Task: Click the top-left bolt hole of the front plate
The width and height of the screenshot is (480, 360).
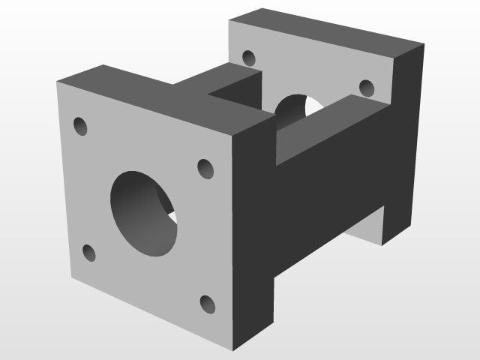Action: pos(80,126)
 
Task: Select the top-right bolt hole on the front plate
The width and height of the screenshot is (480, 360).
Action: pos(205,169)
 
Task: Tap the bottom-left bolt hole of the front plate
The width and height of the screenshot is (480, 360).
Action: pos(88,253)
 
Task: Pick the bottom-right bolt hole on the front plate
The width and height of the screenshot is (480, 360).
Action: pos(208,304)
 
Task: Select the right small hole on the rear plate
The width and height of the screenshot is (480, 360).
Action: pos(367,88)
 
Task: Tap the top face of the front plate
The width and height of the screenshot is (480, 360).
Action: pos(150,94)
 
